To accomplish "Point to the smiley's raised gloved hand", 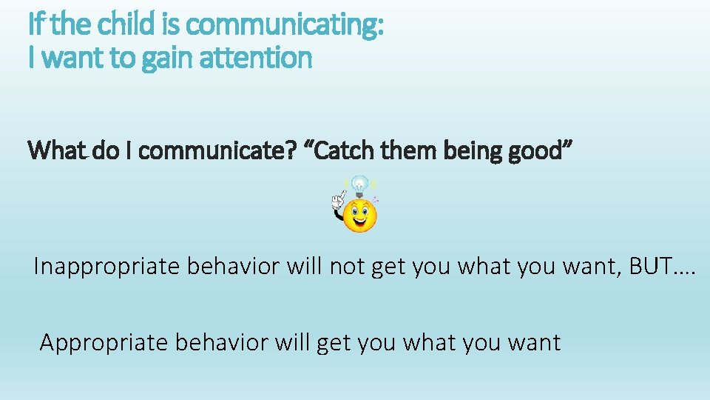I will coord(338,200).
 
